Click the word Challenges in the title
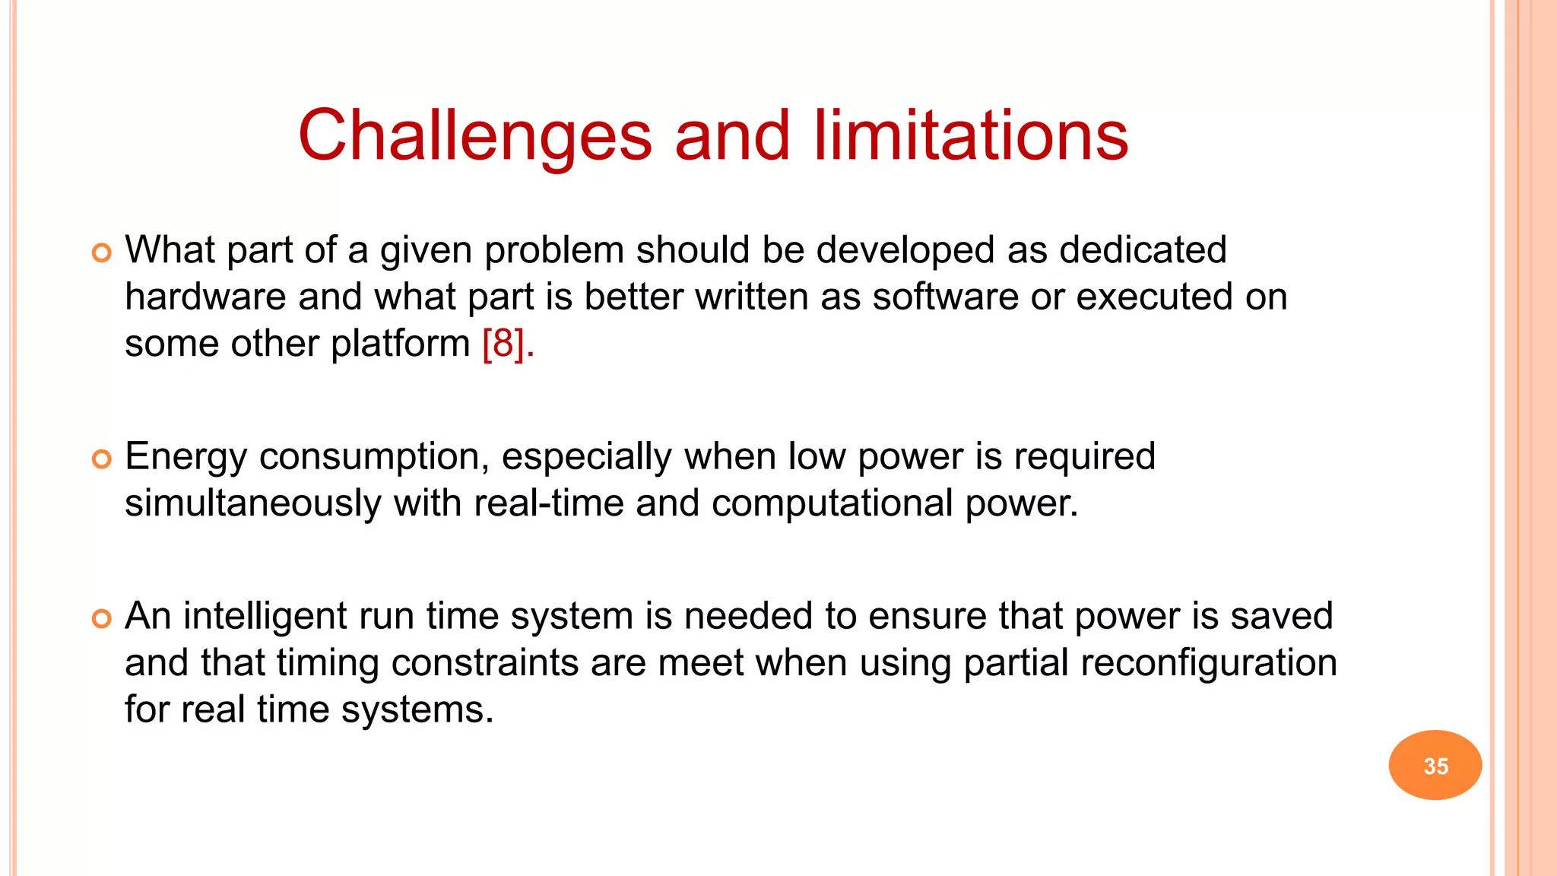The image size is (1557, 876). tap(474, 137)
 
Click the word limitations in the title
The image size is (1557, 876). tap(971, 137)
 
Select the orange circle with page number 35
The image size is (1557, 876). tap(1435, 765)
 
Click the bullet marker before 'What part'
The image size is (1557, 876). tap(101, 252)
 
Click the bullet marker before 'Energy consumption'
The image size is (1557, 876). tap(101, 459)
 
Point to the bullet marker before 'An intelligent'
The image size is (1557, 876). tap(101, 618)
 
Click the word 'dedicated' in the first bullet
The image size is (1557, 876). tap(1143, 250)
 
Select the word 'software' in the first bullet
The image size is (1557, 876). tap(945, 297)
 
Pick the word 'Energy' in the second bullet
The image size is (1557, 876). tap(186, 458)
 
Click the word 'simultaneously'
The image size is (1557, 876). tap(253, 503)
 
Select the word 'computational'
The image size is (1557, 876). tap(832, 503)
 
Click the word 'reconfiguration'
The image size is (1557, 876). tap(1208, 662)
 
